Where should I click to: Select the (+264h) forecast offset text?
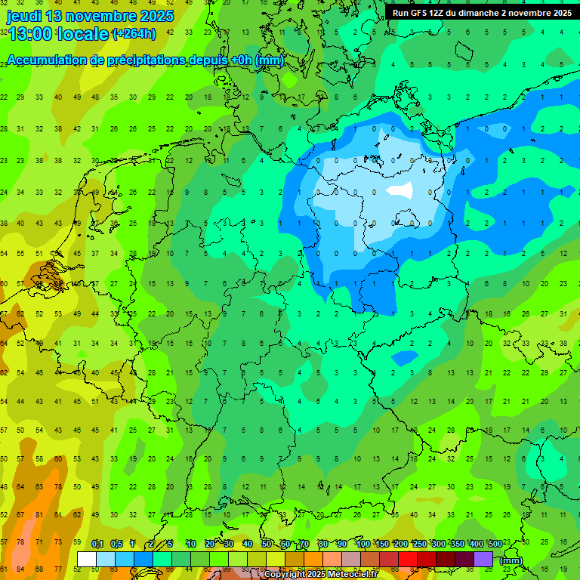point(134,34)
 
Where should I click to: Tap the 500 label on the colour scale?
point(495,544)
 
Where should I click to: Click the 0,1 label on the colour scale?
point(97,544)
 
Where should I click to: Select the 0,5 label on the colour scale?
point(116,544)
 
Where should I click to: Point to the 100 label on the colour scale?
point(363,544)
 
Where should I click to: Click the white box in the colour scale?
point(87,559)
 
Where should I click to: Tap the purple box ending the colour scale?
point(483,559)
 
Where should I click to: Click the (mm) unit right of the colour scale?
point(511,560)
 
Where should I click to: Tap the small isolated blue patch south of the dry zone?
point(405,356)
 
